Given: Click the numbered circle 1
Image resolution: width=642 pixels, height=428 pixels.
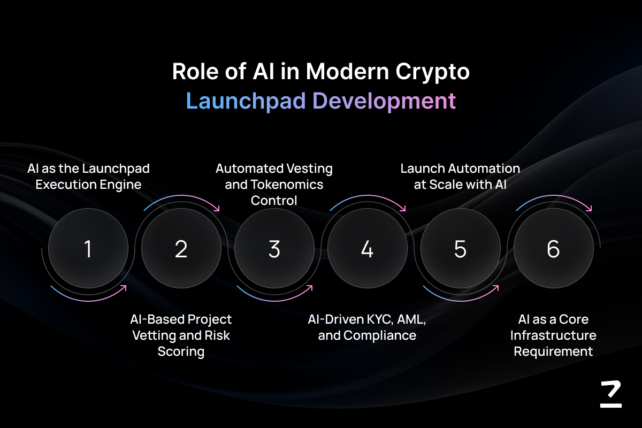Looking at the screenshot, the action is click(x=88, y=248).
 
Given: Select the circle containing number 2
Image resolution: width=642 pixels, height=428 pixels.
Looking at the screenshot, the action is click(x=181, y=248).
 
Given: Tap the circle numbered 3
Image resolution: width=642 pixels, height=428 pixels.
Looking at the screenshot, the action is click(x=274, y=248).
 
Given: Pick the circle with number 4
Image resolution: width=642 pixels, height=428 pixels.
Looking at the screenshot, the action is click(x=368, y=248).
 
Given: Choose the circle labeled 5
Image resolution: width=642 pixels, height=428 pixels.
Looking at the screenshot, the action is click(x=460, y=248).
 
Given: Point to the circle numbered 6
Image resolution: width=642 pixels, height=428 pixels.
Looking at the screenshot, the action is click(x=553, y=248).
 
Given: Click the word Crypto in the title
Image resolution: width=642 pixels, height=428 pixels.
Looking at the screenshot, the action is click(x=432, y=72).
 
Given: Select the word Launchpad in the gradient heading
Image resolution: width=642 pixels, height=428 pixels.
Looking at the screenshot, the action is click(x=246, y=101).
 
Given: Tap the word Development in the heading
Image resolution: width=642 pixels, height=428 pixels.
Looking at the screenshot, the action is click(x=384, y=102).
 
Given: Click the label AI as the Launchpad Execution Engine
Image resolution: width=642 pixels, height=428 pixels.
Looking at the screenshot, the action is click(x=88, y=177).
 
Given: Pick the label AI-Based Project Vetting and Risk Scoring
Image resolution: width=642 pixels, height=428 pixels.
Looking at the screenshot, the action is click(x=181, y=335).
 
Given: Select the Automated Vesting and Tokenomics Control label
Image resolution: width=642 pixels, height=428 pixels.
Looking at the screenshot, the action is click(x=274, y=185).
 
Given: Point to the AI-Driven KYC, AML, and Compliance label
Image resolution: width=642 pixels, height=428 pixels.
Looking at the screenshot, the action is click(x=367, y=327).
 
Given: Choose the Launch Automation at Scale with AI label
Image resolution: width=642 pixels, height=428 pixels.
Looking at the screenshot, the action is click(x=460, y=177).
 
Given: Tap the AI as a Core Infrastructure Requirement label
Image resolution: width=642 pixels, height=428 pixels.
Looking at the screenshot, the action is click(x=553, y=335).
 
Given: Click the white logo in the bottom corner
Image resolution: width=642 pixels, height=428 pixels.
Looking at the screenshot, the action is click(x=611, y=394).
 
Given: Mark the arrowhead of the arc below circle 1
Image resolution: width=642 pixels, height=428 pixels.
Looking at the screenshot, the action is click(x=124, y=287).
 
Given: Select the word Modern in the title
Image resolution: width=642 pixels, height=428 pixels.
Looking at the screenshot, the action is click(x=348, y=71).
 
